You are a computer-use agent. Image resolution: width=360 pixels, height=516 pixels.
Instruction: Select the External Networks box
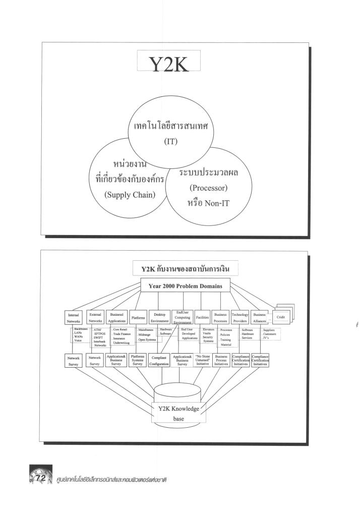95,318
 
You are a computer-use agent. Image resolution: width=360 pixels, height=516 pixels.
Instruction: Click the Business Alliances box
261,317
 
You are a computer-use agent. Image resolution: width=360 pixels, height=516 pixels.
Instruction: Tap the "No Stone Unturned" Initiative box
202,360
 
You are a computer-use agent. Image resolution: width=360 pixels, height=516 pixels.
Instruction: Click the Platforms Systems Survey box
137,360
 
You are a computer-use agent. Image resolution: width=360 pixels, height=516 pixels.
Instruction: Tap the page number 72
38,477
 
